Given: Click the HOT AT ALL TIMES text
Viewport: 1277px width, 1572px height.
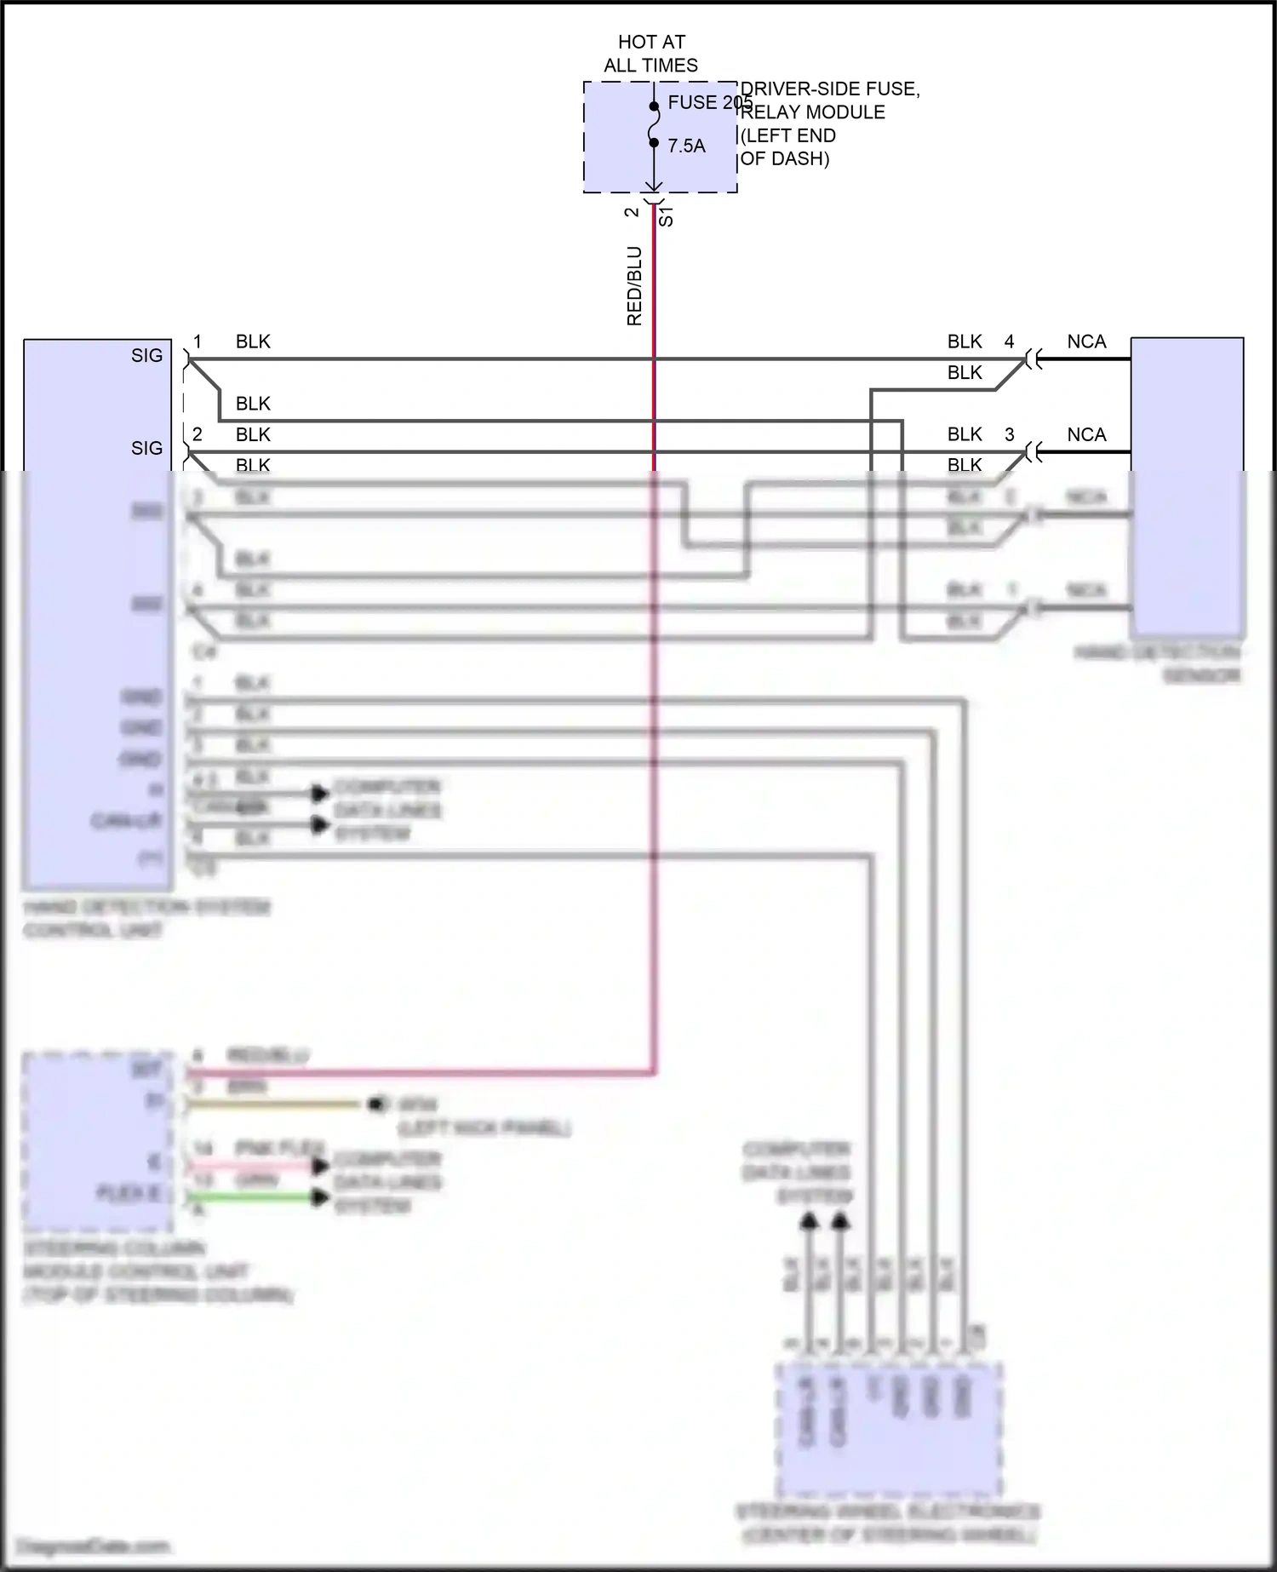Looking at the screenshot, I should [x=651, y=53].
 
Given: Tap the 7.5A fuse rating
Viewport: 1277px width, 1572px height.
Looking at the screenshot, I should [x=686, y=146].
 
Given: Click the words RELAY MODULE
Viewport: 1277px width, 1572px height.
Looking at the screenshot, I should [x=814, y=112].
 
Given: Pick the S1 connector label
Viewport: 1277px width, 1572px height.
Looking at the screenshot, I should [x=667, y=216].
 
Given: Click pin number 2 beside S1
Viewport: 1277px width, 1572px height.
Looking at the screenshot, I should [x=632, y=212].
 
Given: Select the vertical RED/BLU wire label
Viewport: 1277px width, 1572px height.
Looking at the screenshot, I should [x=634, y=286].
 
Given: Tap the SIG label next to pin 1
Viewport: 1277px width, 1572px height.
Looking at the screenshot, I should [x=146, y=356].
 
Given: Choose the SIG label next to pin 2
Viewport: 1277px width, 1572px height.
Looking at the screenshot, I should [x=146, y=448].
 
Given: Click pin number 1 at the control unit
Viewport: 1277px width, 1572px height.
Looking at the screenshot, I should [x=198, y=341].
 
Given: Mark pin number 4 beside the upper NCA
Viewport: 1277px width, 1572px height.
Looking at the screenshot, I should [x=1010, y=341].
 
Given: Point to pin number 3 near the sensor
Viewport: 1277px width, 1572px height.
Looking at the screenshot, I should [x=1010, y=434].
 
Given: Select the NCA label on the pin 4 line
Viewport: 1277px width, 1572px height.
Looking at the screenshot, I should [x=1086, y=341].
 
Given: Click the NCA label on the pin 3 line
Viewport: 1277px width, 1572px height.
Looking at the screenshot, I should [x=1086, y=434].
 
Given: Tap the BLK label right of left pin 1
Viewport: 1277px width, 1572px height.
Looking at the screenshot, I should [x=253, y=341].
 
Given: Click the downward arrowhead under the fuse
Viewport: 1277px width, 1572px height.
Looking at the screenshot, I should [x=654, y=186].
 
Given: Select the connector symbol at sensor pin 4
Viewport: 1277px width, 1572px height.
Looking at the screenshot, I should [x=1033, y=359].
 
